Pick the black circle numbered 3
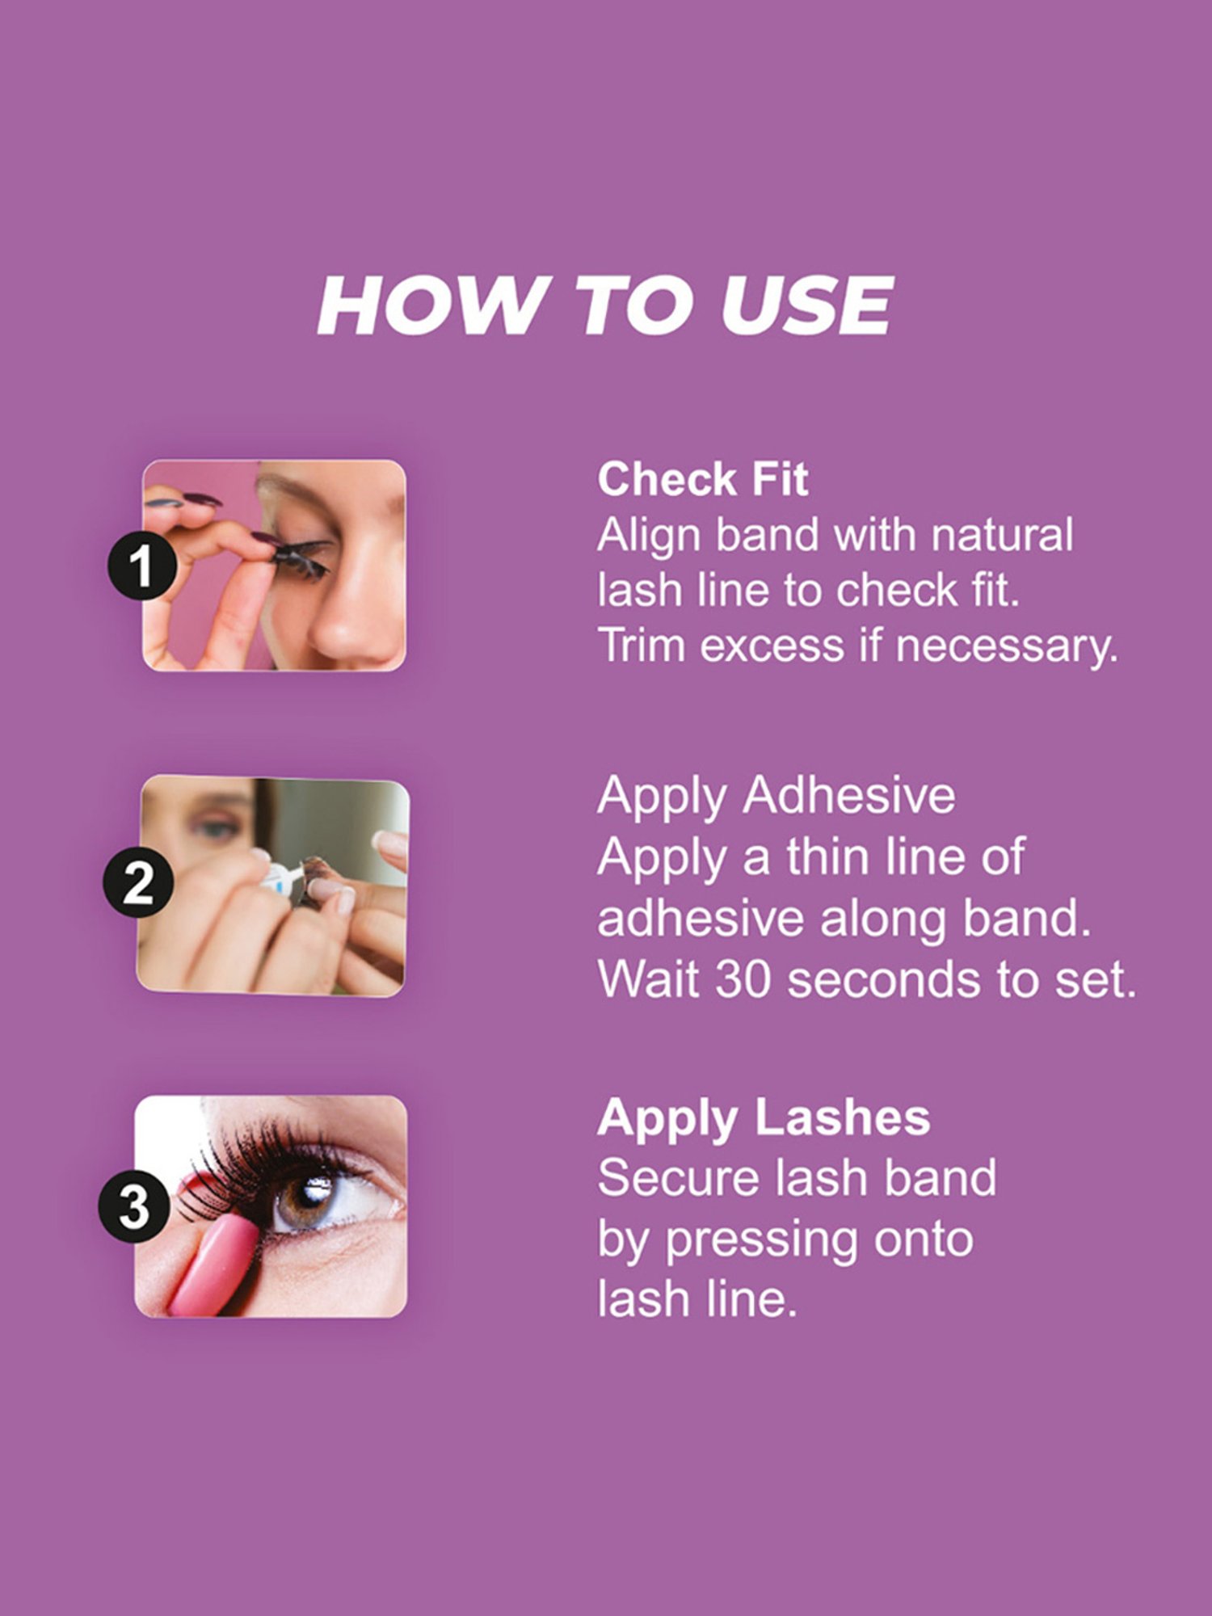(x=134, y=1206)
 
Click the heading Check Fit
(x=702, y=479)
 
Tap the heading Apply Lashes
(x=764, y=1117)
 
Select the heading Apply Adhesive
(x=776, y=795)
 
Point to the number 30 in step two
(x=743, y=979)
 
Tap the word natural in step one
(x=1002, y=535)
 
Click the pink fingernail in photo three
(x=212, y=1265)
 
